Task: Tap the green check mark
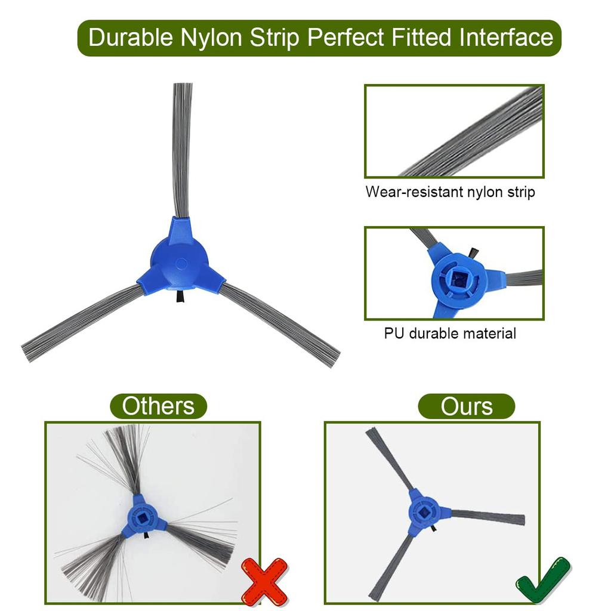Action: click(542, 581)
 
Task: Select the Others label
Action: click(158, 406)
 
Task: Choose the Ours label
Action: click(467, 406)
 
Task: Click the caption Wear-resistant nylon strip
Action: click(450, 192)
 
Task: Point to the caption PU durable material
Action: click(450, 333)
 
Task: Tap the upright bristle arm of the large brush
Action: click(182, 149)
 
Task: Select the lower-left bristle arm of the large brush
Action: click(84, 321)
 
